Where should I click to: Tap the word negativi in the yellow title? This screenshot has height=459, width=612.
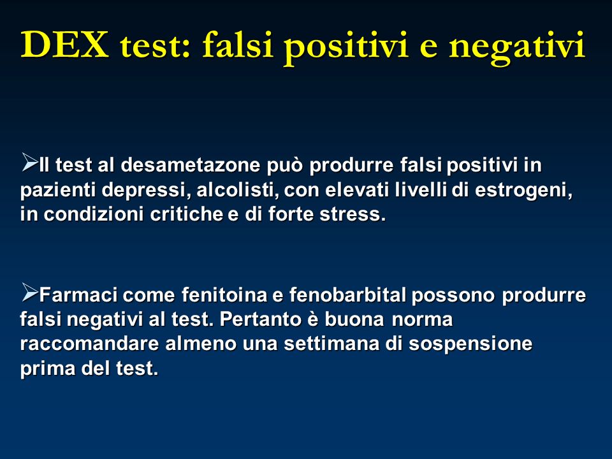tap(517, 48)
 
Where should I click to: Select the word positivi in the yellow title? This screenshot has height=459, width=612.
tap(346, 48)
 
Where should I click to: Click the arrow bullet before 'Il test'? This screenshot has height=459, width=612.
tap(30, 162)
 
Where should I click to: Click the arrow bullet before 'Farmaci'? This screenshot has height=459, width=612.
tap(30, 292)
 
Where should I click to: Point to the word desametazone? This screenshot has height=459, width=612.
tap(190, 164)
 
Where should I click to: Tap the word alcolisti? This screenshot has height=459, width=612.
tap(238, 190)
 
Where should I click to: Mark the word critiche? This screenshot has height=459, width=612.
tap(187, 214)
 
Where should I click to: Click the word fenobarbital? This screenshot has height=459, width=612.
tap(348, 295)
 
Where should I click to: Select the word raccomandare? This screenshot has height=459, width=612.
tap(89, 344)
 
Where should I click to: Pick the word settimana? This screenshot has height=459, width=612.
tap(331, 344)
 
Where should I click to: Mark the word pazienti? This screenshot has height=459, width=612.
tap(58, 191)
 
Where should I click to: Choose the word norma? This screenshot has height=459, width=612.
tap(422, 320)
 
